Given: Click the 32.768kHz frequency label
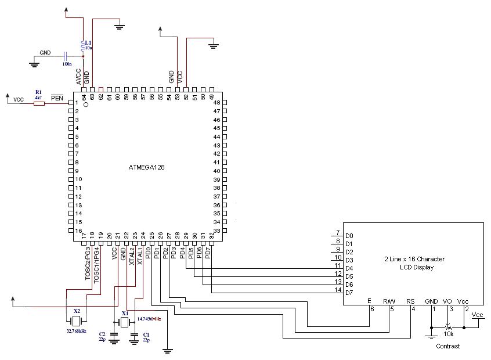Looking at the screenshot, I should pyautogui.click(x=77, y=330).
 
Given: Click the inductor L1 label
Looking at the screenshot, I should pyautogui.click(x=88, y=43).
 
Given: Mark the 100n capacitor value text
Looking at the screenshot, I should pyautogui.click(x=67, y=63).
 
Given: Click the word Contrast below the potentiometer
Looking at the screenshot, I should pyautogui.click(x=447, y=346).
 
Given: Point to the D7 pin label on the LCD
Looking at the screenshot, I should pyautogui.click(x=349, y=293).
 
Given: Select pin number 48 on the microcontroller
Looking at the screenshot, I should pyautogui.click(x=217, y=102).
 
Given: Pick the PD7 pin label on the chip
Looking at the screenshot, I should pyautogui.click(x=208, y=254).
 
